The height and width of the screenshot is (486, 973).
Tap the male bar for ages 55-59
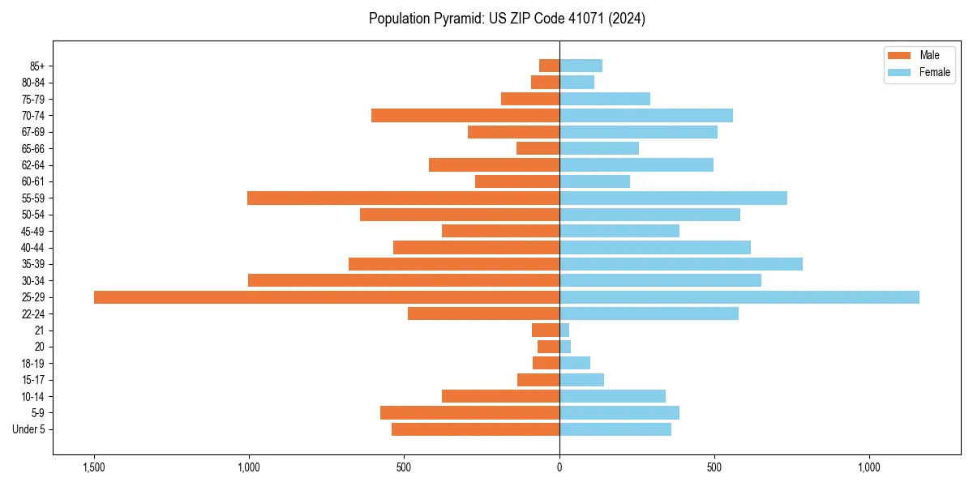tap(403, 198)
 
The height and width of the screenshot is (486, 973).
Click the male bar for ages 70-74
tap(465, 115)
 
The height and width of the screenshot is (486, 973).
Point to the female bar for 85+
tap(581, 66)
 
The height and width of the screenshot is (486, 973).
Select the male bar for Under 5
tap(475, 429)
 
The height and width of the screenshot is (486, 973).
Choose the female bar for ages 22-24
tap(649, 313)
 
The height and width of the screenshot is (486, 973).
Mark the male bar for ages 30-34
tap(404, 280)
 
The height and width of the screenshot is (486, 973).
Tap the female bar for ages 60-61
tap(594, 181)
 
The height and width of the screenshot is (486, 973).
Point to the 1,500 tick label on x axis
tap(94, 467)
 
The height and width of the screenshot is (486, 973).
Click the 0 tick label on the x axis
tap(559, 467)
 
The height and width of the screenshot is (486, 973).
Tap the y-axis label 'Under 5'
tap(28, 429)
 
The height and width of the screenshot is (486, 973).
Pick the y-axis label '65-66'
tap(33, 148)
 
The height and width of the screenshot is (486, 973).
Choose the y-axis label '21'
tap(40, 330)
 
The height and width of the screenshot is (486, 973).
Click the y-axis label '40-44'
tap(33, 248)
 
